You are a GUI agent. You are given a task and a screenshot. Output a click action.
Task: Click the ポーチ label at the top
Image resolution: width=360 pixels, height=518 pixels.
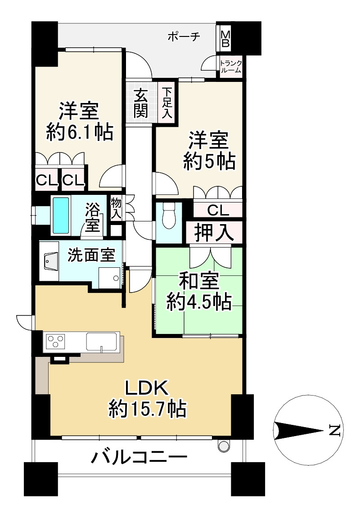pyautogui.click(x=183, y=37)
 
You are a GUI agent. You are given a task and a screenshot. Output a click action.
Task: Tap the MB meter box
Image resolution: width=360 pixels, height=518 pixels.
pyautogui.click(x=225, y=39)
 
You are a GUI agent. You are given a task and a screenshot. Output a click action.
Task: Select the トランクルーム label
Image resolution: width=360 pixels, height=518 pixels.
pyautogui.click(x=230, y=67)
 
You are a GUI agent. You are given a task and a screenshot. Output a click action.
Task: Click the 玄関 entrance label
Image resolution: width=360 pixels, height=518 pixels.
pyautogui.click(x=141, y=104)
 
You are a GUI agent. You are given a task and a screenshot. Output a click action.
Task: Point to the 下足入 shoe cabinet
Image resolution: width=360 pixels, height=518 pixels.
pyautogui.click(x=167, y=103)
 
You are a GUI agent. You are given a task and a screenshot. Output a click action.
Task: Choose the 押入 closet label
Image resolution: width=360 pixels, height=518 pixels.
pyautogui.click(x=214, y=232)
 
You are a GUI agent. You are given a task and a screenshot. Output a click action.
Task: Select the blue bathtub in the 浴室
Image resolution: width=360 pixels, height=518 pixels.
pyautogui.click(x=61, y=215)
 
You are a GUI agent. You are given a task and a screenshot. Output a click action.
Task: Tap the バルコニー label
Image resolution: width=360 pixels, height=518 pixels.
pyautogui.click(x=139, y=459)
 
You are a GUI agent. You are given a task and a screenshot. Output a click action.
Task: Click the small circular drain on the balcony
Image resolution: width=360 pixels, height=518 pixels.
pyautogui.click(x=223, y=446)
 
